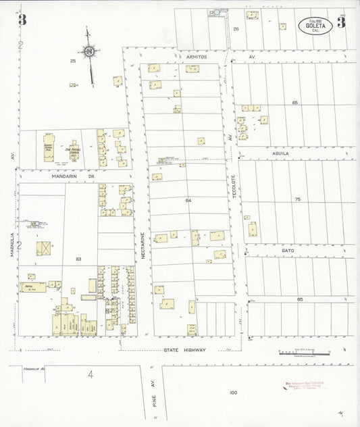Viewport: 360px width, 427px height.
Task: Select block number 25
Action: coord(73,61)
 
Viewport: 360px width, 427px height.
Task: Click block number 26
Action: coord(236,29)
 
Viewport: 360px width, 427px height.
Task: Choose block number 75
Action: coord(297,199)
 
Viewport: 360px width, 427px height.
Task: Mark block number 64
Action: coord(188,201)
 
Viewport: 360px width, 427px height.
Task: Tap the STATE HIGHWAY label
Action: coord(185,350)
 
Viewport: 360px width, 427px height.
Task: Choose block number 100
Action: coord(234,393)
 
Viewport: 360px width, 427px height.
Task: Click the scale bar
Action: coord(304,353)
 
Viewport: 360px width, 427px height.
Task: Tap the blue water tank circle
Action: coord(217,11)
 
